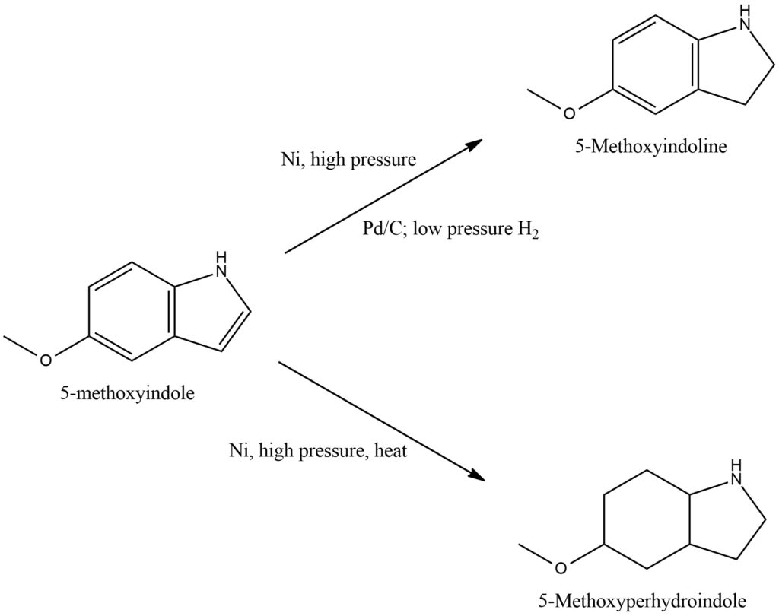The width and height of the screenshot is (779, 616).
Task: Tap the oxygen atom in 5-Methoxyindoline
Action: point(568,113)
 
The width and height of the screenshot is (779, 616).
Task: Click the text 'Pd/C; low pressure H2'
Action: point(451,230)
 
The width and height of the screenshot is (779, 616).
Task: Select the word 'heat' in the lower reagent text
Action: point(391,451)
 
